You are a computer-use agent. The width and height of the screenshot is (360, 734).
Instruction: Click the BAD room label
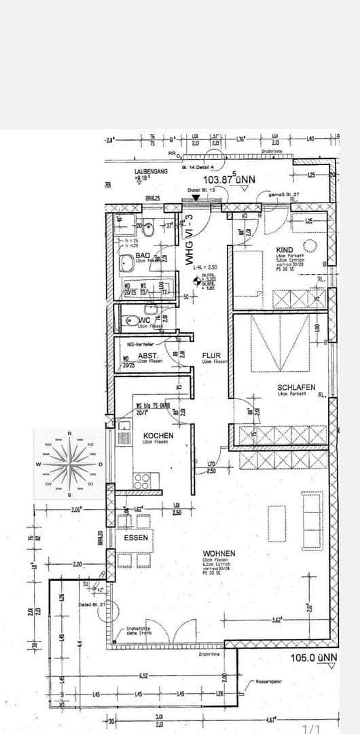143,256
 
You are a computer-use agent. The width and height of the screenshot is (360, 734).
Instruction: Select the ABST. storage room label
148,355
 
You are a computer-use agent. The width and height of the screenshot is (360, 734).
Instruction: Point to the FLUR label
211,355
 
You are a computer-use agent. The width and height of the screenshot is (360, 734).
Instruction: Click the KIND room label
284,250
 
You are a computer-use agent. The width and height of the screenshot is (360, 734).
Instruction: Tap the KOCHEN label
158,435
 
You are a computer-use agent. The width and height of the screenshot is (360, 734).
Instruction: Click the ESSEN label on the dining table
136,537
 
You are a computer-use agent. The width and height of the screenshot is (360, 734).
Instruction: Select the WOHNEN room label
218,553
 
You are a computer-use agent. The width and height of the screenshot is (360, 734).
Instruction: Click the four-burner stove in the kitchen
142,481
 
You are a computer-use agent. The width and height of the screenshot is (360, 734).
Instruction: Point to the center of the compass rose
70,464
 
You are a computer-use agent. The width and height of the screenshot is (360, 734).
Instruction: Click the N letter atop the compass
70,434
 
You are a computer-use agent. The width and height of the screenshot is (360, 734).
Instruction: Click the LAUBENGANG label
151,173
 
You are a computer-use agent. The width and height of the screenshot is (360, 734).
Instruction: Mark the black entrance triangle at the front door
196,198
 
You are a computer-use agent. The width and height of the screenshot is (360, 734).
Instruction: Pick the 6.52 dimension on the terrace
144,676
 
